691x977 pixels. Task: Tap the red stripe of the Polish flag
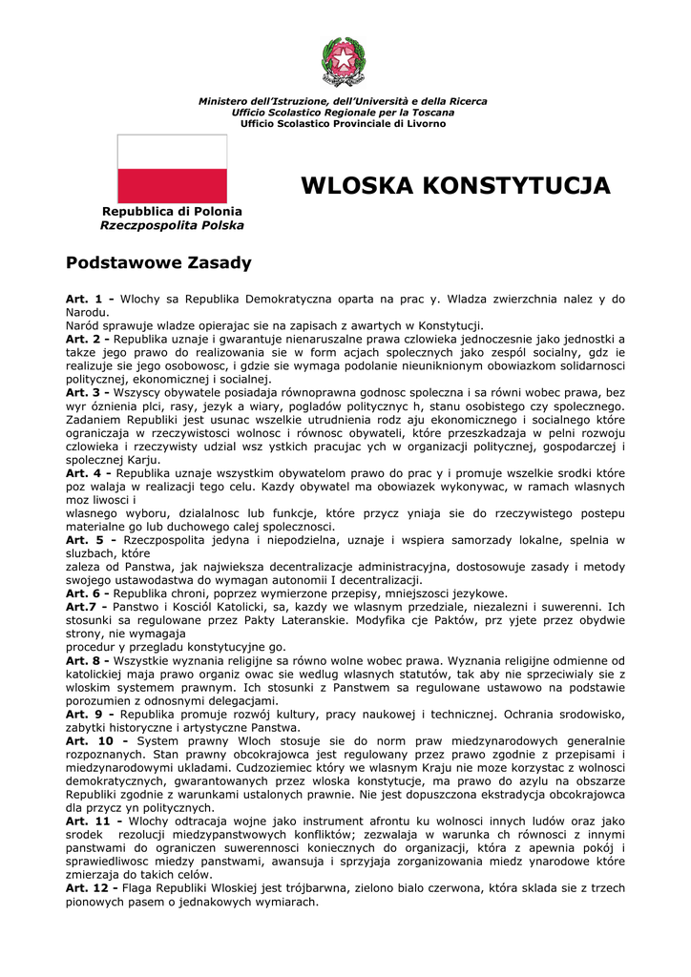click(x=172, y=185)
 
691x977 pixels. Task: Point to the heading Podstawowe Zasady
click(x=157, y=261)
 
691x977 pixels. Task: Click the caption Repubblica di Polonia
click(x=172, y=211)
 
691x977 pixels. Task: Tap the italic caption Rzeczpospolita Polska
click(x=172, y=225)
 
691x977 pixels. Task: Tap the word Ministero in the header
click(x=227, y=101)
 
